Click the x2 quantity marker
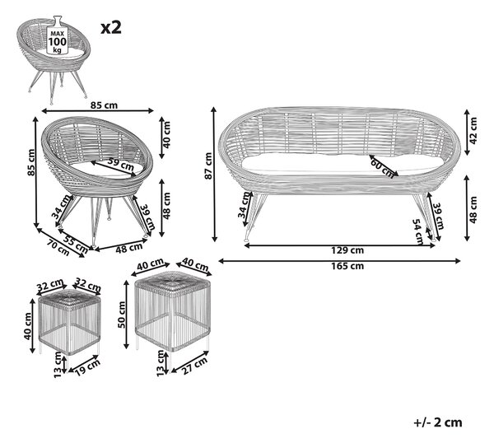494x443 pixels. pyautogui.click(x=111, y=28)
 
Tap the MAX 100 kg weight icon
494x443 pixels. pyautogui.click(x=58, y=35)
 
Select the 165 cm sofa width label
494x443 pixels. pyautogui.click(x=347, y=266)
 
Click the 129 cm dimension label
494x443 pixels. pyautogui.click(x=347, y=250)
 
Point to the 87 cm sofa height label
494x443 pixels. pyautogui.click(x=208, y=166)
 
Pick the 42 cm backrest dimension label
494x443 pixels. pyautogui.click(x=473, y=130)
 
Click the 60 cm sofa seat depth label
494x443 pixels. pyautogui.click(x=382, y=168)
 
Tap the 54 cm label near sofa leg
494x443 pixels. pyautogui.click(x=418, y=231)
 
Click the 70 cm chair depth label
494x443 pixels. pyautogui.click(x=58, y=247)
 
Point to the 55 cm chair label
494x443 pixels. pyautogui.click(x=75, y=245)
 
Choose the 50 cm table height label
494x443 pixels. pyautogui.click(x=122, y=315)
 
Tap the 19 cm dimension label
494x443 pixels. pyautogui.click(x=88, y=367)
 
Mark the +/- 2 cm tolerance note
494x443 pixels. pyautogui.click(x=438, y=422)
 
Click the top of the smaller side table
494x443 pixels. pyautogui.click(x=70, y=298)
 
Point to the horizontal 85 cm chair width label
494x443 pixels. pyautogui.click(x=104, y=105)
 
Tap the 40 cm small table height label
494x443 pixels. pyautogui.click(x=28, y=326)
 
